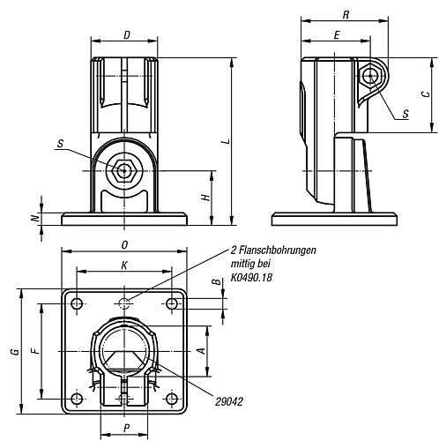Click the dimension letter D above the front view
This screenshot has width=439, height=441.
pos(127,35)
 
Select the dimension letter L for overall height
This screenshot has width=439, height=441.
pos(227,141)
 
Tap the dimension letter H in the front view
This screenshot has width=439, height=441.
pos(206,197)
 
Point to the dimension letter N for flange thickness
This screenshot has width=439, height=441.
pos(35,218)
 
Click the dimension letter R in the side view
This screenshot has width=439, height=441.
pos(346,15)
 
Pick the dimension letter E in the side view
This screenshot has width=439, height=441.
pos(337,35)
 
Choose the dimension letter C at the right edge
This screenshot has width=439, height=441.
pos(426,94)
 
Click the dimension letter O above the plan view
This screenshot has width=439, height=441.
pos(124,245)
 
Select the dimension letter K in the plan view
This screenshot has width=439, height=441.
pos(124,265)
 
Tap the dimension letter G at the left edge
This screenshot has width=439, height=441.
pos(16,351)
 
